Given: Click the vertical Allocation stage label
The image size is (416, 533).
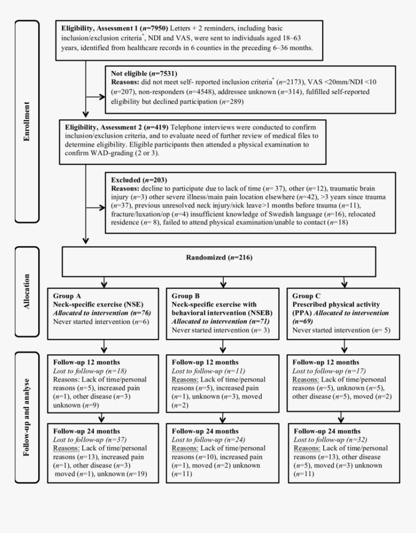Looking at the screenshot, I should point(27,292).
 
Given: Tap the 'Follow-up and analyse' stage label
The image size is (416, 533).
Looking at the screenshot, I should point(27,417).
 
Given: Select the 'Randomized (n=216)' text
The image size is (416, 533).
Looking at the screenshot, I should point(219,258).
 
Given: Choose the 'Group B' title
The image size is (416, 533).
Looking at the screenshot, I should point(186,295).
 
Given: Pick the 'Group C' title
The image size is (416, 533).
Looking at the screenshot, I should point(307,295).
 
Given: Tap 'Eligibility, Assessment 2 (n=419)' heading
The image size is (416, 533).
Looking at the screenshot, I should point(117,127).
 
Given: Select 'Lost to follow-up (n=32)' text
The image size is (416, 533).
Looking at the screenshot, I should point(324,440).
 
